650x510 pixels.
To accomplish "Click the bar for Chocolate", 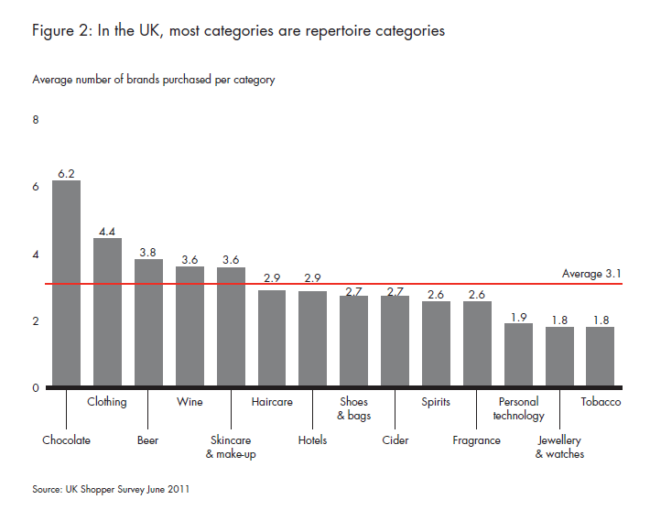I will (x=66, y=283).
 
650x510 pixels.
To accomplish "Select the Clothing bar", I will (x=107, y=312).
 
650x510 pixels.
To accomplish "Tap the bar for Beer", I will (x=148, y=322).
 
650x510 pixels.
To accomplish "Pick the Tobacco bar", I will (x=600, y=356).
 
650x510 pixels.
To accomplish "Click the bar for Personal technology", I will (x=518, y=354).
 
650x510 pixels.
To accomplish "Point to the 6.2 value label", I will (x=66, y=172).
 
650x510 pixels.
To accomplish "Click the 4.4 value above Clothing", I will (x=107, y=231).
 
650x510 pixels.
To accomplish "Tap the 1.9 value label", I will (x=518, y=317).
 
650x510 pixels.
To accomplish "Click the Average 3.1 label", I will (x=591, y=274).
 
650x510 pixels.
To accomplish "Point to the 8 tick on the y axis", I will (x=36, y=120).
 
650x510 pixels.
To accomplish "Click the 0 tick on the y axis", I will (x=36, y=388).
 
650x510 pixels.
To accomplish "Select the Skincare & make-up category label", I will (x=230, y=447).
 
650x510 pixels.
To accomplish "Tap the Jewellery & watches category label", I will (x=559, y=447).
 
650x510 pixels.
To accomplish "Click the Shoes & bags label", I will (x=353, y=408).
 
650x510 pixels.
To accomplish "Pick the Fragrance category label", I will (x=477, y=440).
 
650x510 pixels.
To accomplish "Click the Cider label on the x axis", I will (x=395, y=440).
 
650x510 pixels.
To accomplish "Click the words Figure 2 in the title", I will (x=62, y=31).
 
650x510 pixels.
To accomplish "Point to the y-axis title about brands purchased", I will (x=154, y=80).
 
